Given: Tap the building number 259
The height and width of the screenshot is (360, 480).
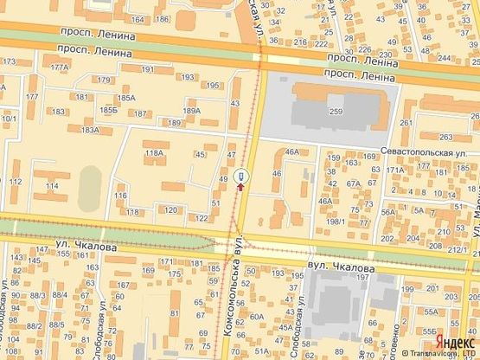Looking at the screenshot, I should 335,112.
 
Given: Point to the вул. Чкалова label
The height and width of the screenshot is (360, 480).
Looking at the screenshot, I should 341,268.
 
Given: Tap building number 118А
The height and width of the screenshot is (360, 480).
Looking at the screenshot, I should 155,153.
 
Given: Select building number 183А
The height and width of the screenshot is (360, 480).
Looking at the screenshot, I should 90,130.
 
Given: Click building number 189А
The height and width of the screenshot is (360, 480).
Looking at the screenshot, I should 191,111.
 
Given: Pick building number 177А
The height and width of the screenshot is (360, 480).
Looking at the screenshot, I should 59,67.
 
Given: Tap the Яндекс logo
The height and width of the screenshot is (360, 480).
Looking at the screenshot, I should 454,341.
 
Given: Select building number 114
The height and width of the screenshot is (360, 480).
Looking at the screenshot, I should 52,186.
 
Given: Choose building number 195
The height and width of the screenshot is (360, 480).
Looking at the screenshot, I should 213,85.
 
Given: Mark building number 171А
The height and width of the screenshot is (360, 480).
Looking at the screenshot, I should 396,170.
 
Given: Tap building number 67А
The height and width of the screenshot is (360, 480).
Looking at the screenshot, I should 353,183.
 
